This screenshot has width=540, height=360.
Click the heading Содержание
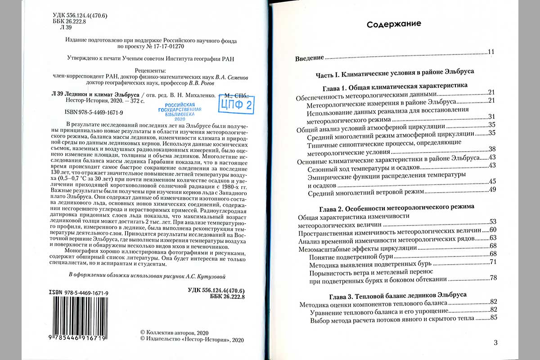coord(394,24)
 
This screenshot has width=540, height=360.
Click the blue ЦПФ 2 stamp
coord(235,105)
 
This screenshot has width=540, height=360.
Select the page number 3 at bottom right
coord(495,343)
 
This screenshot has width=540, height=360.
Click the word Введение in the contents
coord(310,58)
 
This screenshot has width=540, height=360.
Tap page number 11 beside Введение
coord(491,52)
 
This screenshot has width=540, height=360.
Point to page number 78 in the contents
coord(493,278)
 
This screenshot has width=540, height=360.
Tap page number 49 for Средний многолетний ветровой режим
coord(491,189)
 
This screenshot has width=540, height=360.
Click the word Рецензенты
coord(150,71)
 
